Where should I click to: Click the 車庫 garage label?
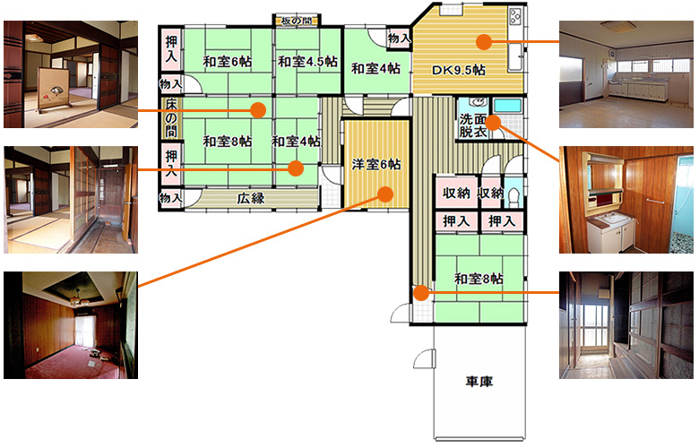point(479,382)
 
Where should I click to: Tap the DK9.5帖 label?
point(459,71)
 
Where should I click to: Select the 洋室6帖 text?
point(376,165)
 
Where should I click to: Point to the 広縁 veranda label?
point(251,198)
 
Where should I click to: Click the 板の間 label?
point(296,21)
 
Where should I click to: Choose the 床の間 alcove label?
point(171,118)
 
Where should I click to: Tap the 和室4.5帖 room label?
point(307,62)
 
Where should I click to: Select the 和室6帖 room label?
point(228,62)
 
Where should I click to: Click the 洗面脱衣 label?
point(472,125)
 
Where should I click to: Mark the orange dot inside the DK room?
point(484,42)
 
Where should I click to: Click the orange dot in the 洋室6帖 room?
point(385,194)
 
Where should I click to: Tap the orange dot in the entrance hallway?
point(421,293)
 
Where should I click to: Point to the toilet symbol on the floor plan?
point(513,197)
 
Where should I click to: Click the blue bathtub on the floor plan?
point(508,106)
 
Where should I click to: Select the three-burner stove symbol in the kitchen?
point(515,17)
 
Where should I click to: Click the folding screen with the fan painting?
point(55,90)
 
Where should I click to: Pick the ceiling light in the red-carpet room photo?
point(77,297)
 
